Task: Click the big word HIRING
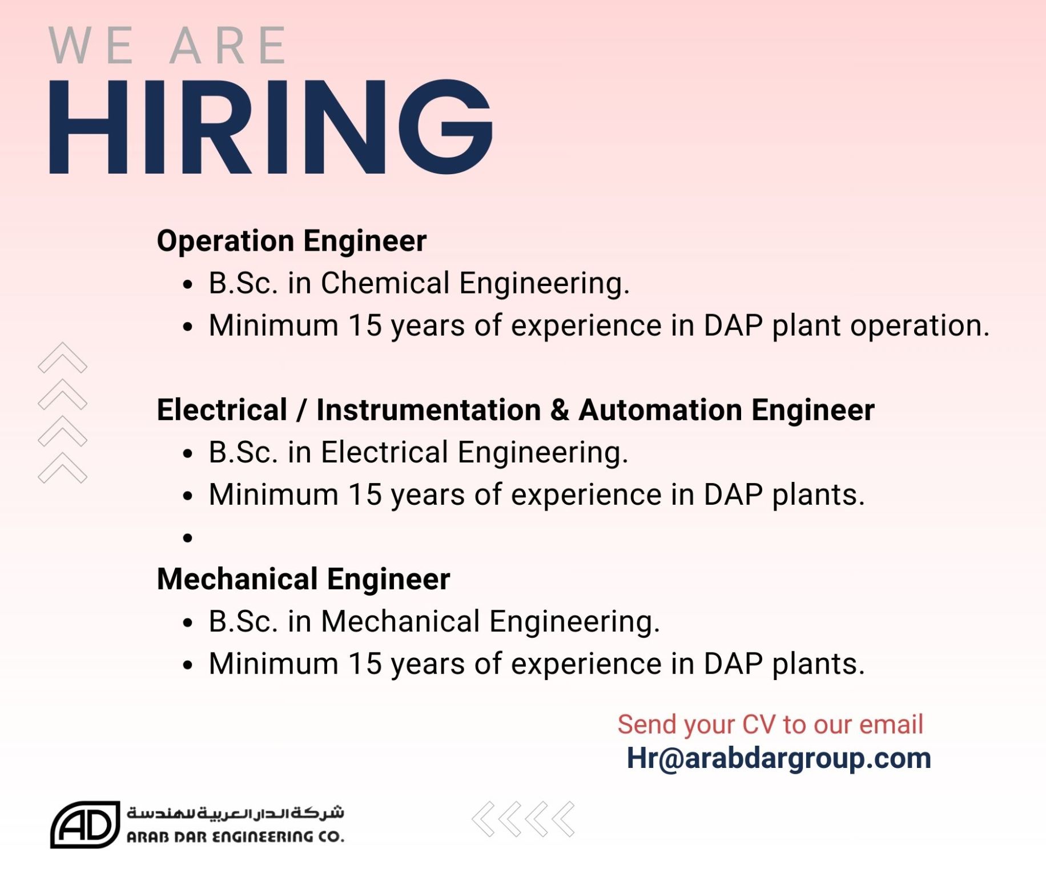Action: coord(271,127)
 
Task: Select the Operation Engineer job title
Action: coord(292,240)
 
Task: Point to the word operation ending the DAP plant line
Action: coord(919,326)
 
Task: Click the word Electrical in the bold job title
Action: coord(222,409)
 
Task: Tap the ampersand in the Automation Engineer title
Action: coord(560,410)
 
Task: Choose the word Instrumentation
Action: coord(429,409)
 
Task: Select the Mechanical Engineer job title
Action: coord(304,579)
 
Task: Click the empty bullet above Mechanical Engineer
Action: coord(188,538)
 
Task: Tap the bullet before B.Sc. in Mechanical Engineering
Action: coord(188,623)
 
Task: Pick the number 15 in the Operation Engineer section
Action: coord(365,325)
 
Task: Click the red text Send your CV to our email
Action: coord(770,724)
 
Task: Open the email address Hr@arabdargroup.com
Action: coord(779,758)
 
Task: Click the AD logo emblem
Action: coord(85,824)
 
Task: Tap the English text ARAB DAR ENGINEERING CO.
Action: coord(235,836)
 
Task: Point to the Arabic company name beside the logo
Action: coord(235,812)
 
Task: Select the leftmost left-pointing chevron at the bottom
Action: coord(483,819)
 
